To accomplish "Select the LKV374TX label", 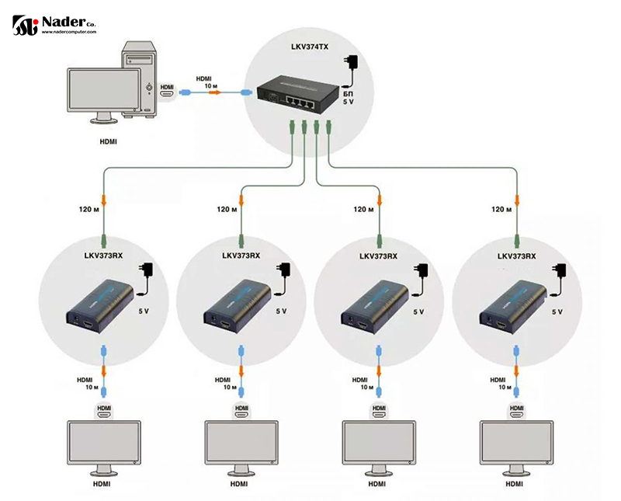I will pyautogui.click(x=304, y=47).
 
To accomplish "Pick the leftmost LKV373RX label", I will pyautogui.click(x=105, y=256).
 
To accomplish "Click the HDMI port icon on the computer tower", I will pyautogui.click(x=167, y=91).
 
